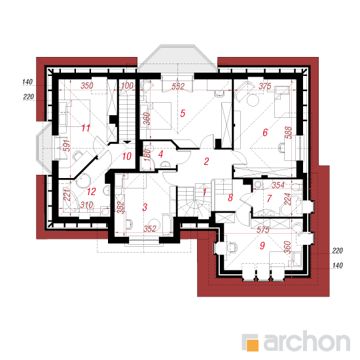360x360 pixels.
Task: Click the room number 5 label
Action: [x=183, y=113]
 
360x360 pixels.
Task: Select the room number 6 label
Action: [x=265, y=132]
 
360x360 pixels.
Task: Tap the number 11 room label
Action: [x=86, y=128]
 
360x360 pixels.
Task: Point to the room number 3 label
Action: [x=145, y=207]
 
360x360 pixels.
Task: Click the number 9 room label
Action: [x=262, y=245]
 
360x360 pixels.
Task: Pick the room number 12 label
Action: [x=91, y=192]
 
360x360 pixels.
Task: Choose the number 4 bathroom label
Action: [x=160, y=154]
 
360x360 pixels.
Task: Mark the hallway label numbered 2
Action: [x=206, y=162]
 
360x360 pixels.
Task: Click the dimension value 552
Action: [x=178, y=86]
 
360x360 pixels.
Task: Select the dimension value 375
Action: [x=265, y=86]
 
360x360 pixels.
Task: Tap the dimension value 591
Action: [x=66, y=145]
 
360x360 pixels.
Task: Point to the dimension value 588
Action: [x=288, y=132]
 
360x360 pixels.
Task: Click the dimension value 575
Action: [x=263, y=230]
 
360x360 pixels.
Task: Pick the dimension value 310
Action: [x=86, y=205]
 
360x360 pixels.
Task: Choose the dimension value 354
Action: [x=278, y=185]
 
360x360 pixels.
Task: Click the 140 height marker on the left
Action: [x=27, y=82]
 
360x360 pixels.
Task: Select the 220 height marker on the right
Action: [x=337, y=251]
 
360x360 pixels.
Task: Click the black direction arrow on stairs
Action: [x=127, y=142]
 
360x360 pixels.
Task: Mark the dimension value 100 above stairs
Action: [x=127, y=86]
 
